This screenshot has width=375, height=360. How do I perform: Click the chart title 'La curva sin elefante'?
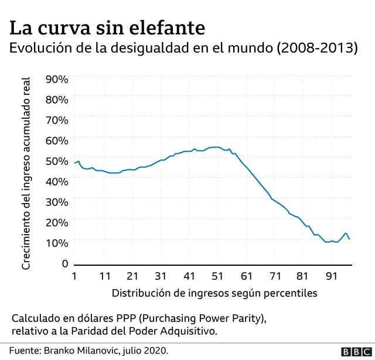[107, 28]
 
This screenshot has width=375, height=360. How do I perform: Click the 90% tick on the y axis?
[57, 79]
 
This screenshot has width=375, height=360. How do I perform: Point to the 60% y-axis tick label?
[57, 140]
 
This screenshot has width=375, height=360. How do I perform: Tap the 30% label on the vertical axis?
[57, 201]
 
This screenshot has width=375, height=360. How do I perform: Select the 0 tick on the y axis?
[66, 263]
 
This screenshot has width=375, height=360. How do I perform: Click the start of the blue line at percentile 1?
[75, 163]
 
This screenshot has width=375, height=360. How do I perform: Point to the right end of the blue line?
[350, 239]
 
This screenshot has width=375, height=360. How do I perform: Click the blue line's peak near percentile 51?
[215, 147]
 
